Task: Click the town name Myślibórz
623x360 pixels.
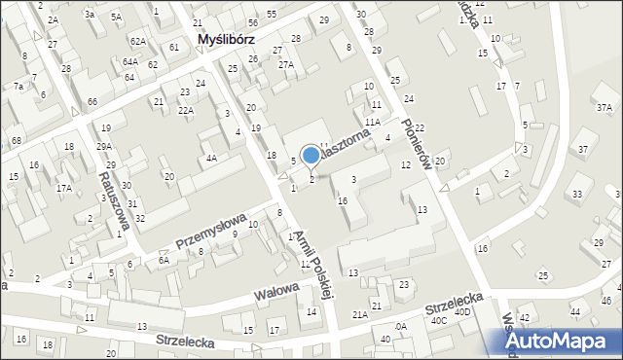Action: [x=226, y=40]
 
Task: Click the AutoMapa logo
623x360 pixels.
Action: [x=562, y=340]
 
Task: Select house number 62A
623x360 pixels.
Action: [x=139, y=42]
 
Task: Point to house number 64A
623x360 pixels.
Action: [x=130, y=61]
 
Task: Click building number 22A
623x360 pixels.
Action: [x=187, y=111]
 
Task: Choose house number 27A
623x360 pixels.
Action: [x=286, y=64]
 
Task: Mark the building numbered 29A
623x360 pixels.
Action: [x=104, y=146]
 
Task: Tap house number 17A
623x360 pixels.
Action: [x=63, y=188]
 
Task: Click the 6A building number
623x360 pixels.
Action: [x=165, y=260]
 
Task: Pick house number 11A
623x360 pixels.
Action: [x=373, y=123]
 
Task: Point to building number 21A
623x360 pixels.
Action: [x=360, y=314]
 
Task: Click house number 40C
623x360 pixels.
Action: [x=439, y=320]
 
